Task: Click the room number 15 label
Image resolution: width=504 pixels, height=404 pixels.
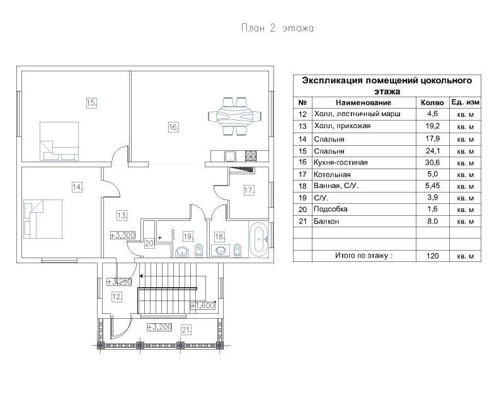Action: pyautogui.click(x=91, y=103)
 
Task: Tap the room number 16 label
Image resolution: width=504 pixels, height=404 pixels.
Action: pyautogui.click(x=174, y=128)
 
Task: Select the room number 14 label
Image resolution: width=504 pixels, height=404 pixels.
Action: pyautogui.click(x=77, y=187)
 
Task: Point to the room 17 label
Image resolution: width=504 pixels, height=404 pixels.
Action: pyautogui.click(x=249, y=191)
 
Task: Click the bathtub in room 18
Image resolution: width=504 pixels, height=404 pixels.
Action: pyautogui.click(x=258, y=239)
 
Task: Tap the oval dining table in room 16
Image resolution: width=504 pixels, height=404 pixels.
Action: pyautogui.click(x=234, y=116)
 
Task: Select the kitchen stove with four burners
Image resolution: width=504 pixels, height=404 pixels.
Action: pyautogui.click(x=251, y=156)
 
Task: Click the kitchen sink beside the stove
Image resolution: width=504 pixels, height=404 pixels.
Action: pyautogui.click(x=230, y=157)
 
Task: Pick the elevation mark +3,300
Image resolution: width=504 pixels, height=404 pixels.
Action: pyautogui.click(x=122, y=235)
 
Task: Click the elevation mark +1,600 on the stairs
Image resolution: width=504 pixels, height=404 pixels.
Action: pyautogui.click(x=202, y=306)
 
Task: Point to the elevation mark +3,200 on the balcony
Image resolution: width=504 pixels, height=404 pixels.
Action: pyautogui.click(x=159, y=328)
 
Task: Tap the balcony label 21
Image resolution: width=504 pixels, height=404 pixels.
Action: pyautogui.click(x=186, y=330)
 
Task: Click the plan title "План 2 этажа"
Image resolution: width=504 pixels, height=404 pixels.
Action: pyautogui.click(x=277, y=28)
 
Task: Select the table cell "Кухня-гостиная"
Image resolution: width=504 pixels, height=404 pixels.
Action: pyautogui.click(x=341, y=162)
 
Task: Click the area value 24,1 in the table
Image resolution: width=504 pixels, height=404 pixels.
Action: pyautogui.click(x=433, y=151)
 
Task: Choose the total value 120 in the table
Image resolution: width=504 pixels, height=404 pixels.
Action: pyautogui.click(x=433, y=256)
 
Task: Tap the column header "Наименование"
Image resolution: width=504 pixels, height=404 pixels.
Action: pyautogui.click(x=364, y=103)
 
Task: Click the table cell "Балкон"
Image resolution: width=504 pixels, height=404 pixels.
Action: pyautogui.click(x=326, y=222)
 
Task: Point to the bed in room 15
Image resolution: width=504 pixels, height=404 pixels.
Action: pyautogui.click(x=59, y=141)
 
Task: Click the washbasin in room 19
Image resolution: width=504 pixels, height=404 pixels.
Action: pyautogui.click(x=183, y=252)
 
